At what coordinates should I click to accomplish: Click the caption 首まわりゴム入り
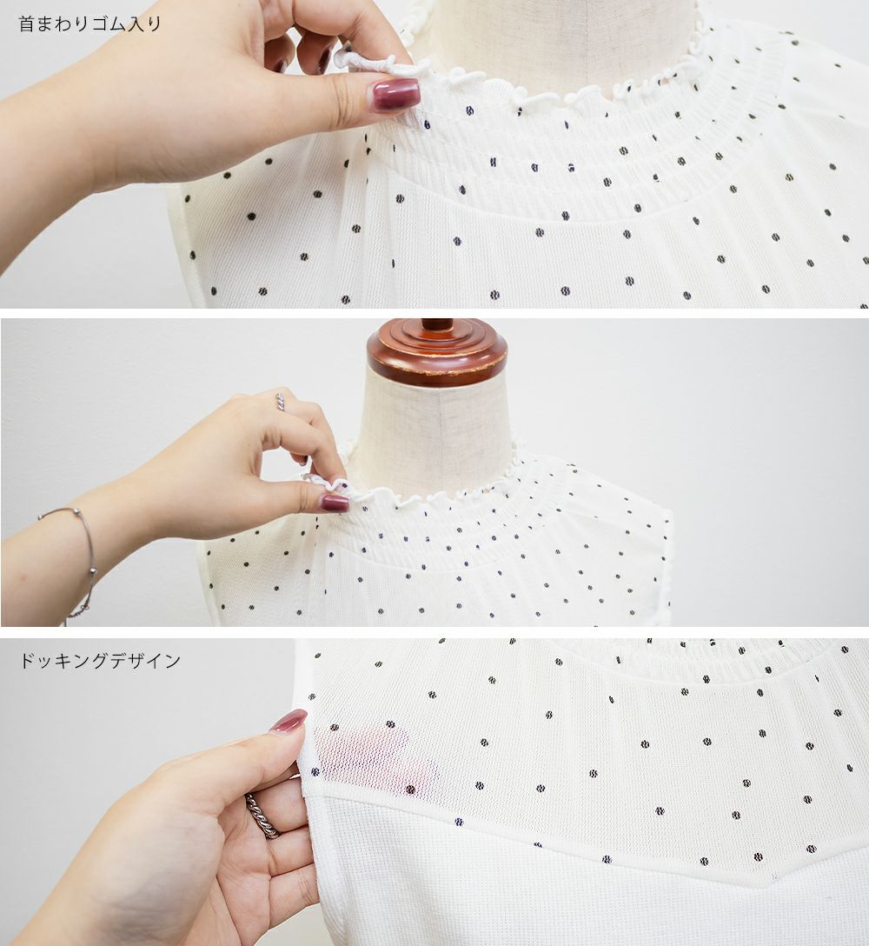(90, 23)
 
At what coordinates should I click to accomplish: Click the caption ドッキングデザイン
(100, 661)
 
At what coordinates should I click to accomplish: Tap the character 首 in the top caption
(28, 23)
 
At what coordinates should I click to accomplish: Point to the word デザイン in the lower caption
(145, 661)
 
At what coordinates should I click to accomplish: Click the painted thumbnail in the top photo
(395, 95)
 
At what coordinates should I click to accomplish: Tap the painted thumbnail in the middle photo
(335, 503)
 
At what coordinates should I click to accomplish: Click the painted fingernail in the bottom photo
(289, 722)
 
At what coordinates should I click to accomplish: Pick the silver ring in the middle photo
(280, 401)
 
